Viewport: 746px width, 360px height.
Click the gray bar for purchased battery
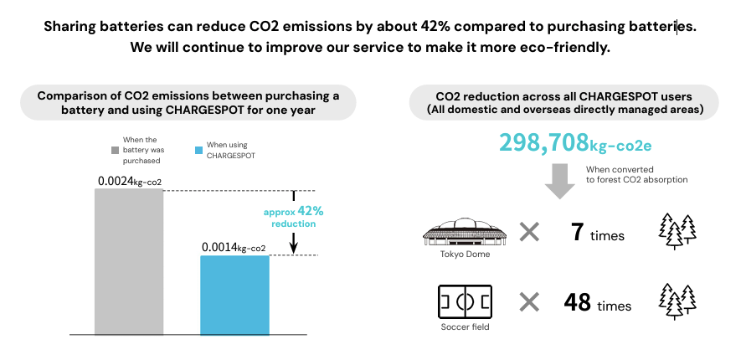point(128,261)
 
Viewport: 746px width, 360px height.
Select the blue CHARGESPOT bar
point(234,295)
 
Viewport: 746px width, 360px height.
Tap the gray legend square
point(116,150)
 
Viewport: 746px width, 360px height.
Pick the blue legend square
point(198,150)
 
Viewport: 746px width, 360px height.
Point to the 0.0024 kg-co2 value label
point(129,180)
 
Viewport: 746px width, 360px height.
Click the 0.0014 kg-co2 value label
point(234,247)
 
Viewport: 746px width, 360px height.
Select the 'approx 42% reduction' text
point(293,218)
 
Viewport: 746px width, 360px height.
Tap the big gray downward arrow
point(559,180)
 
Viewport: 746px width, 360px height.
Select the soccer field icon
point(465,301)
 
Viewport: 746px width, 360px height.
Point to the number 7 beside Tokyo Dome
point(577,234)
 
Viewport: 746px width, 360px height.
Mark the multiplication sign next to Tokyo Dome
point(529,233)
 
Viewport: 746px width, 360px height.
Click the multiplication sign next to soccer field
point(529,301)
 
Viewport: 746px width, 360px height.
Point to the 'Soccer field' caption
point(465,327)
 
